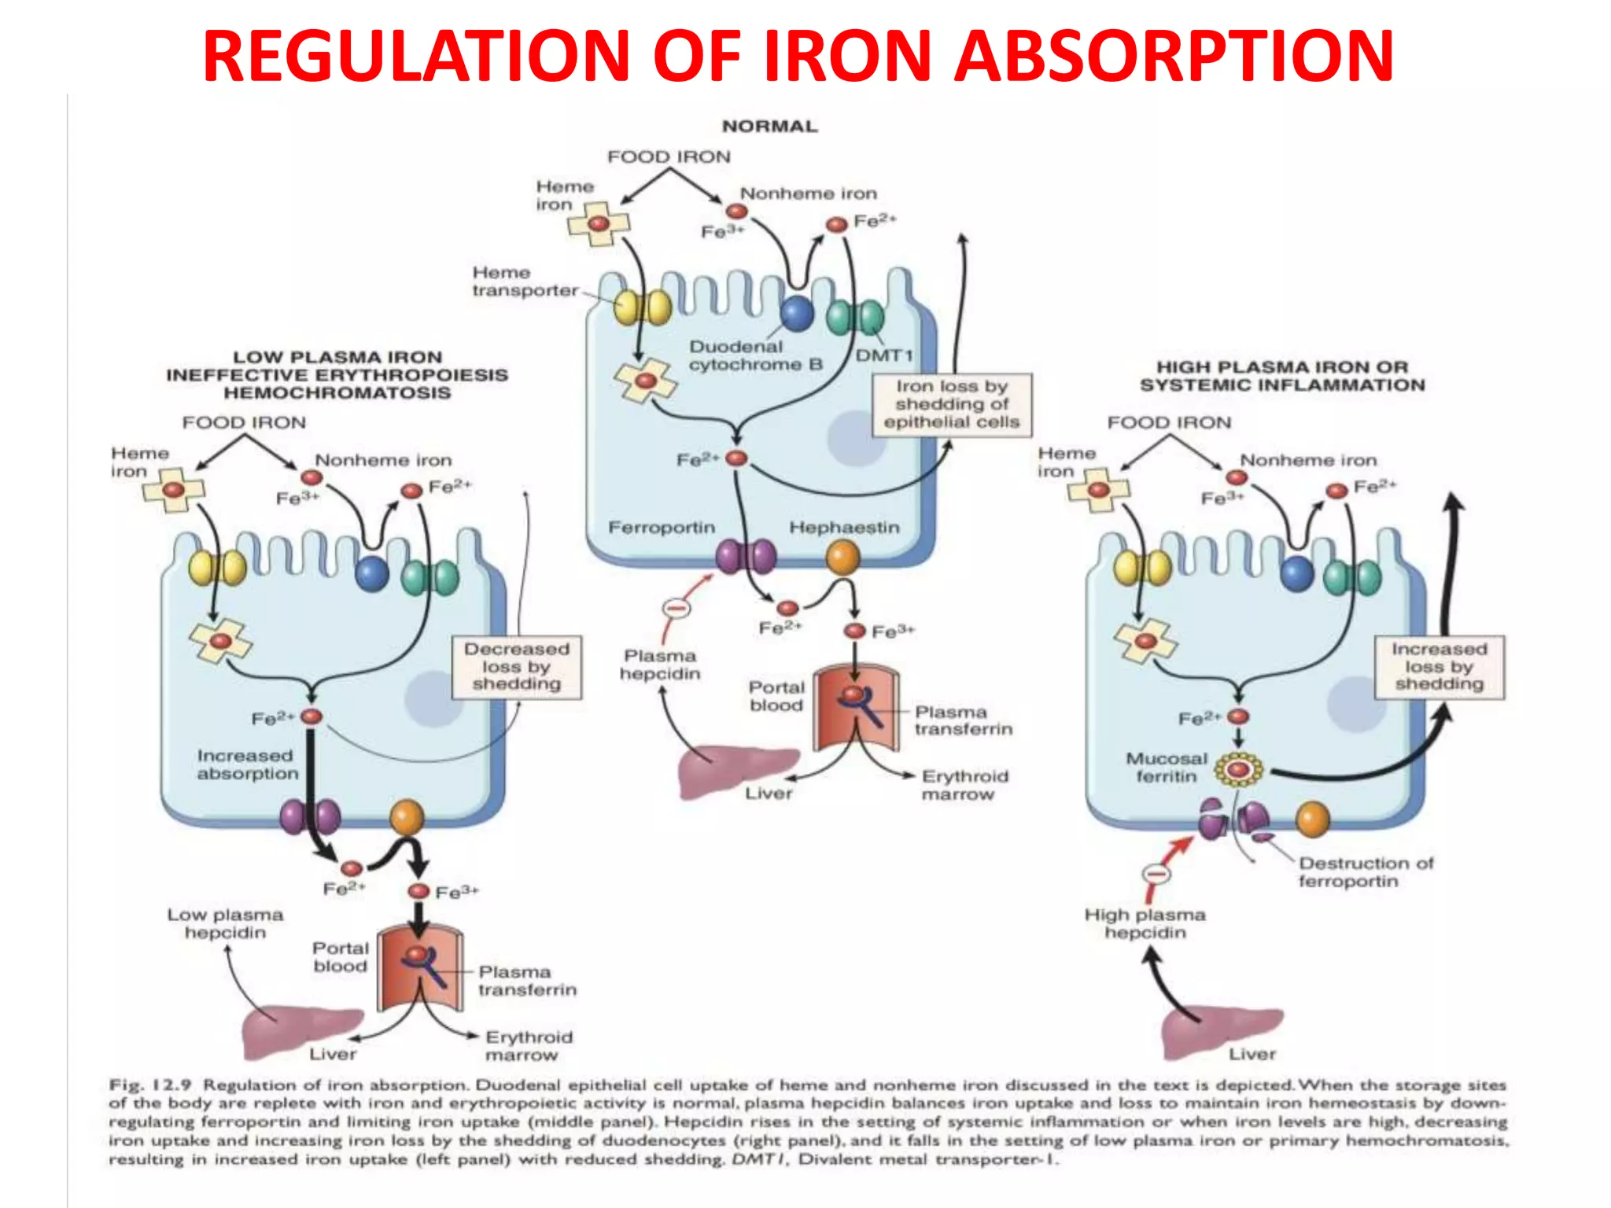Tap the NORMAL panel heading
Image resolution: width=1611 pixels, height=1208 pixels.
coord(769,126)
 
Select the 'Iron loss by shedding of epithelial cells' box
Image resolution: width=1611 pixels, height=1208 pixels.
coord(951,404)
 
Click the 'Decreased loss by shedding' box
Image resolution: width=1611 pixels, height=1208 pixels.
coord(517,667)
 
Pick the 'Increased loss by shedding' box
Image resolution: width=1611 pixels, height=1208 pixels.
coord(1439,667)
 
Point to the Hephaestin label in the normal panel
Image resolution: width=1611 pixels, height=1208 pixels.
coord(844,527)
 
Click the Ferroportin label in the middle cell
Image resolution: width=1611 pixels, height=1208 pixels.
coord(662,527)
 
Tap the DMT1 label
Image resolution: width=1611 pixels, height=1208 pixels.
coord(884,355)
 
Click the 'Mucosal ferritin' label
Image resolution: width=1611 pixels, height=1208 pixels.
coord(1166,768)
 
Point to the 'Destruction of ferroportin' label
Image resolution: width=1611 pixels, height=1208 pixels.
coord(1366,872)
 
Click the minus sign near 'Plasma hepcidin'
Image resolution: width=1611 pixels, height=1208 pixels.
coord(676,608)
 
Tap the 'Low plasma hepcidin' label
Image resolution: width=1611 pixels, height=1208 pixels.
coord(225,923)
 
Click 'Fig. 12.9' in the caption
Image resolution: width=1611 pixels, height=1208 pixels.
coord(149,1085)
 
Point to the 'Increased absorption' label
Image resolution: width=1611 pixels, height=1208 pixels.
coord(247,764)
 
